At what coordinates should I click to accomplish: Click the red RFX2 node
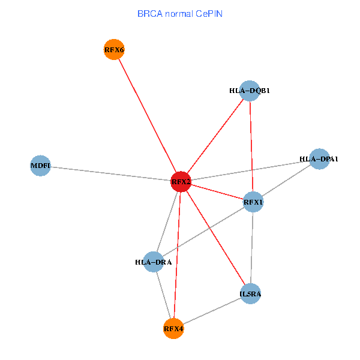pos(181,181)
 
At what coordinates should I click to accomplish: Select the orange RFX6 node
pos(114,50)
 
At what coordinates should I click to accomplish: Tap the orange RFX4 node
pos(173,328)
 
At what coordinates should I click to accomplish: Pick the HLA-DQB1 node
pos(249,91)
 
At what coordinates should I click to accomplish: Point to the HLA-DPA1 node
pos(319,159)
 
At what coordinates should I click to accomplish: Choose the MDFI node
pos(40,165)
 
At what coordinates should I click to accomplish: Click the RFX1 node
pos(253,202)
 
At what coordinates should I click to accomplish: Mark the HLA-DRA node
pos(154,262)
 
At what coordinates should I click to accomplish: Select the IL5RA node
pos(250,293)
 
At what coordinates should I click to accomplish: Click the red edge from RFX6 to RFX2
pos(147,115)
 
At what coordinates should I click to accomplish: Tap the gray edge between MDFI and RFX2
pos(110,173)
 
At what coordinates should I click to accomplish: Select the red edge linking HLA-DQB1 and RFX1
pos(251,146)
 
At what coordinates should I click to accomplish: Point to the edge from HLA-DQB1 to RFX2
pos(215,136)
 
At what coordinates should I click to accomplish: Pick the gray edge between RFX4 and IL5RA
pos(212,311)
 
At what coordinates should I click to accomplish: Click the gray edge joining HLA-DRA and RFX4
pos(163,295)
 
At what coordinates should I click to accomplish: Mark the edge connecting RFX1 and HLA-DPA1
pos(286,181)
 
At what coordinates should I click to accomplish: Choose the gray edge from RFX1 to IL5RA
pos(252,248)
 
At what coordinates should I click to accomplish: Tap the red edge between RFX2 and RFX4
pos(177,255)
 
